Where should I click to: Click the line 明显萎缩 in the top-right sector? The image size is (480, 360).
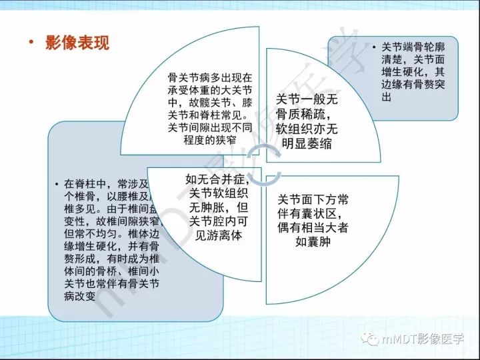307,143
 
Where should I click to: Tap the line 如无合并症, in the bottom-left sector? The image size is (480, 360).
218,179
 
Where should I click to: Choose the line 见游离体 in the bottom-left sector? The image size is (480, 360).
218,235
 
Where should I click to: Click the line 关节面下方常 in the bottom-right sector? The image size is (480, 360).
311,199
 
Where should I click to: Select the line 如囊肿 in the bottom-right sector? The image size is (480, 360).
312,241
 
